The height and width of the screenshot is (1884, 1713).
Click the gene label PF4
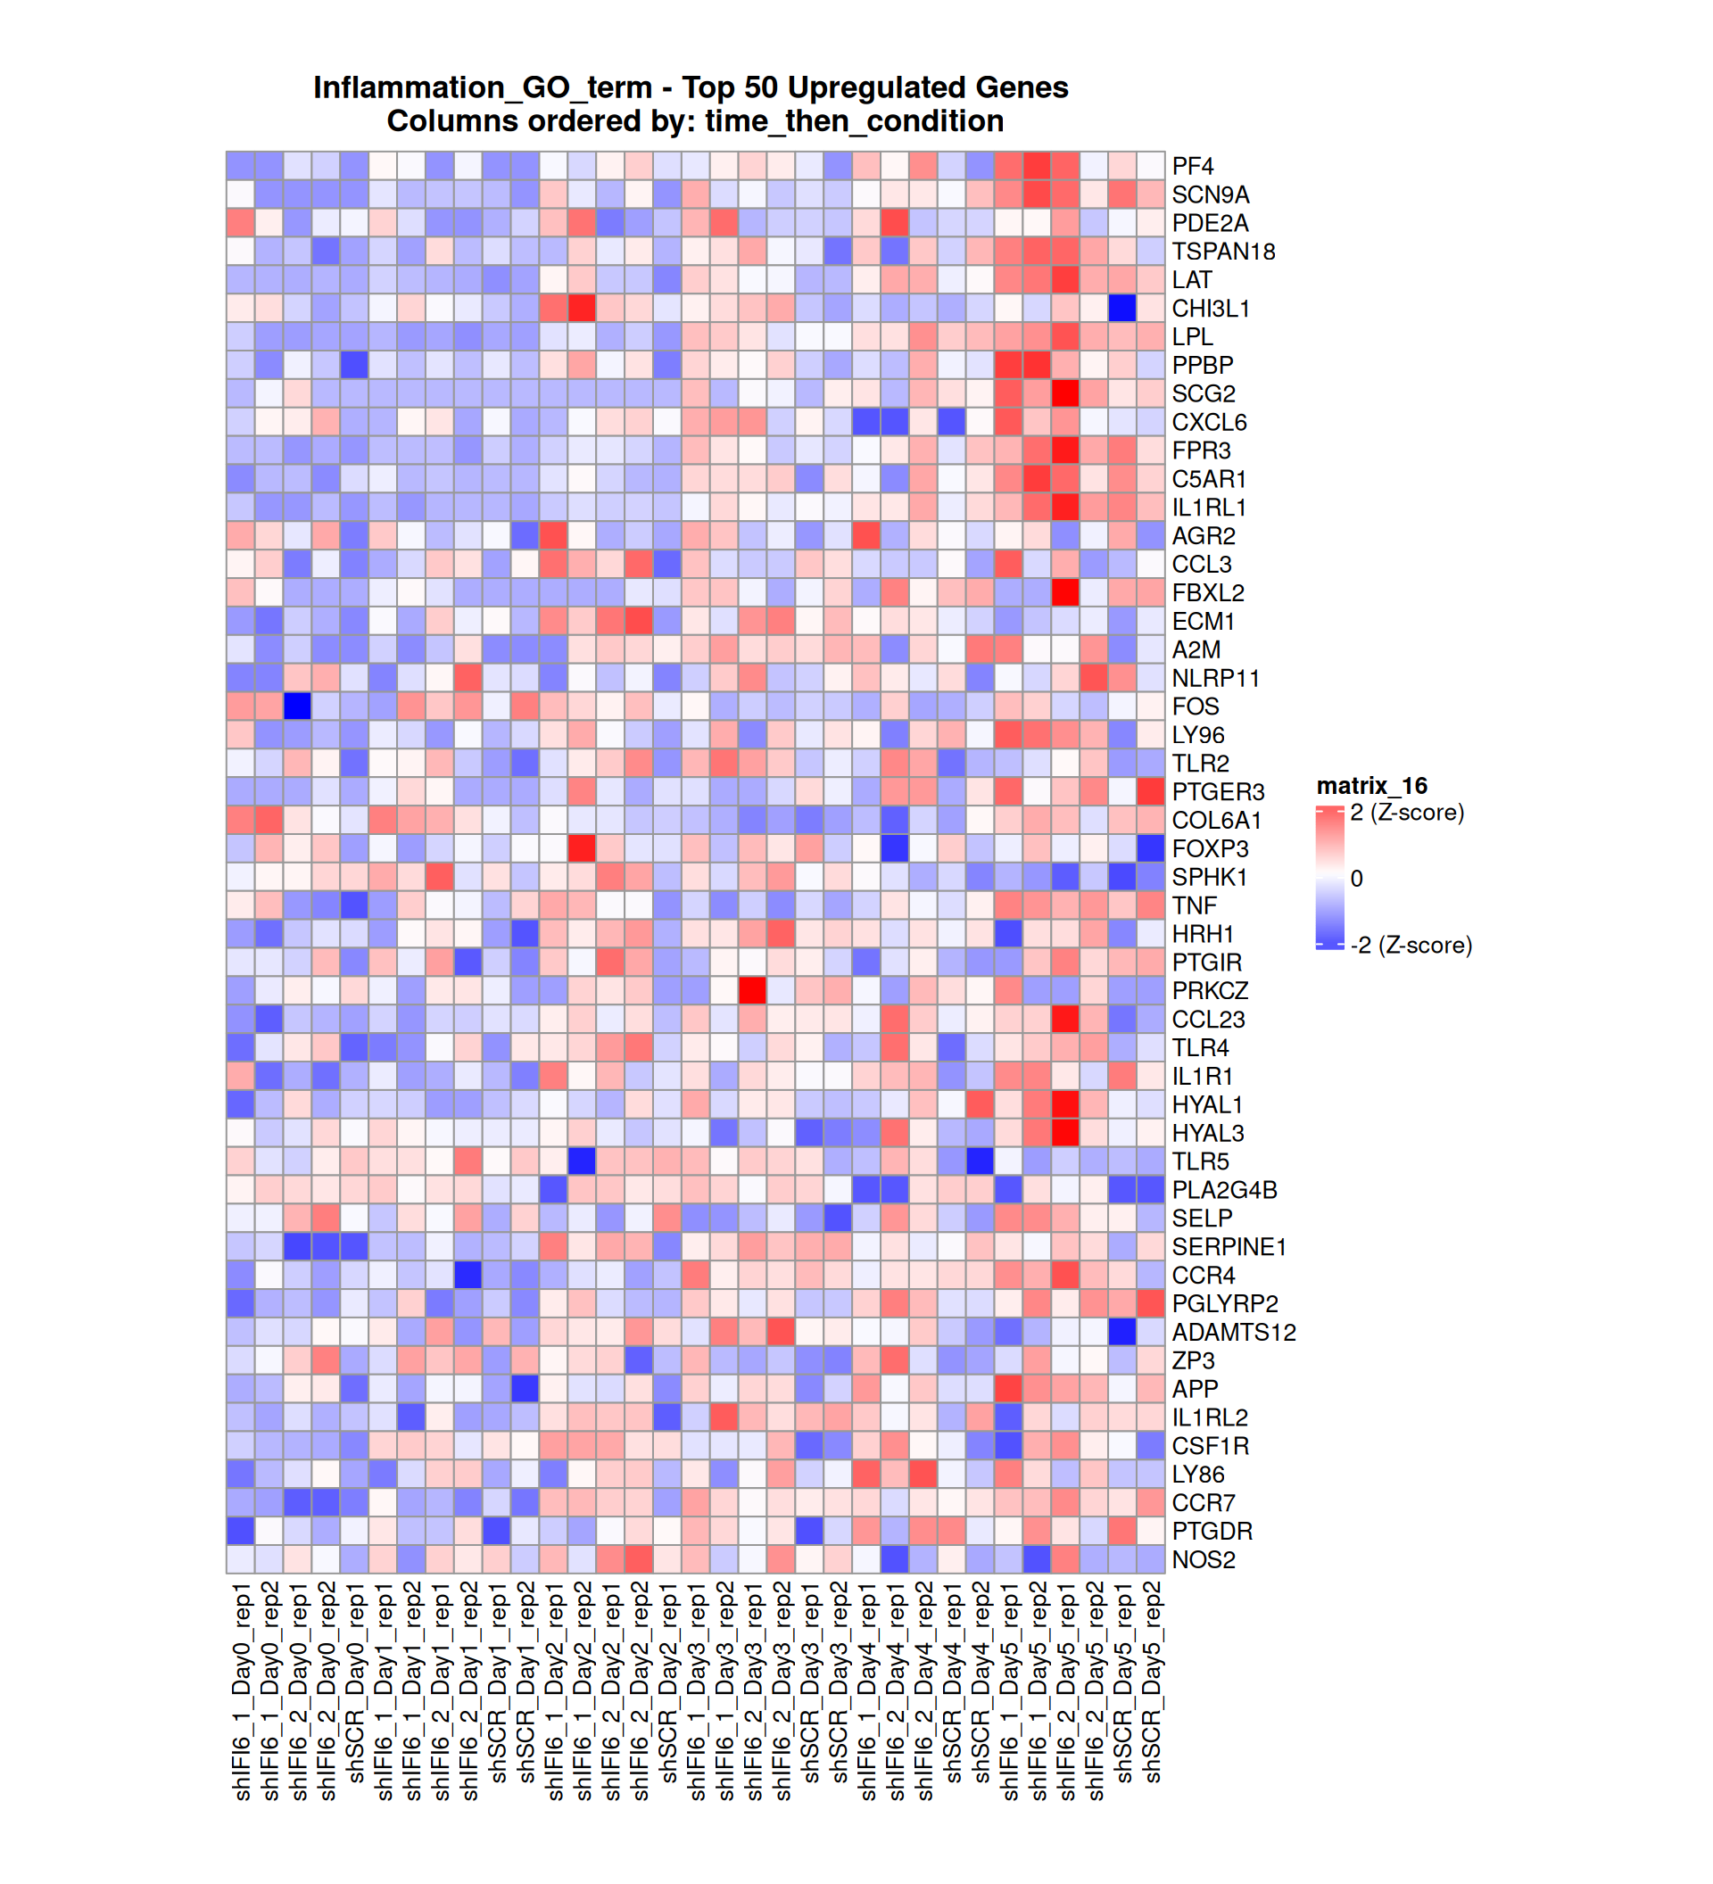coord(1192,166)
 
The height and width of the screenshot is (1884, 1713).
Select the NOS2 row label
coord(1203,1559)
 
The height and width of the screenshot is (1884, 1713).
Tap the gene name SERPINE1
coord(1228,1247)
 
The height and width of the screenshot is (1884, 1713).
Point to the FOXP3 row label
coord(1209,848)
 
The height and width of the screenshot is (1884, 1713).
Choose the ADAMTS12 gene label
coord(1233,1332)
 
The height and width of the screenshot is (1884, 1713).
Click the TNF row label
coord(1194,905)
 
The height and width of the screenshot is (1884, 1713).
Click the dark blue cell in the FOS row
coord(297,706)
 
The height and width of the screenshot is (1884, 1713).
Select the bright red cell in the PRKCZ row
coord(752,990)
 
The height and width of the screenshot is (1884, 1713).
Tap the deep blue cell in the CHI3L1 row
coord(1122,309)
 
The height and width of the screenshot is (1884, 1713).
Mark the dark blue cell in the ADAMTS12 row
coord(1122,1332)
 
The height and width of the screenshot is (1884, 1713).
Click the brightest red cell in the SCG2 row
coord(1065,393)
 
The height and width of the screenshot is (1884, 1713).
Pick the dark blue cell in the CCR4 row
coord(468,1275)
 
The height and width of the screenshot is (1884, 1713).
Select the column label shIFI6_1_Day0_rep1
coord(241,1691)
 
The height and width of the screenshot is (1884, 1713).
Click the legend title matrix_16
coord(1371,786)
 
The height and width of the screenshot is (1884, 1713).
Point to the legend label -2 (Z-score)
coord(1411,945)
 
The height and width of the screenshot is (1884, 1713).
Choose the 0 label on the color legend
coord(1356,879)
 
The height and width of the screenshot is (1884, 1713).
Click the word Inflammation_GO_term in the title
coord(482,87)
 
